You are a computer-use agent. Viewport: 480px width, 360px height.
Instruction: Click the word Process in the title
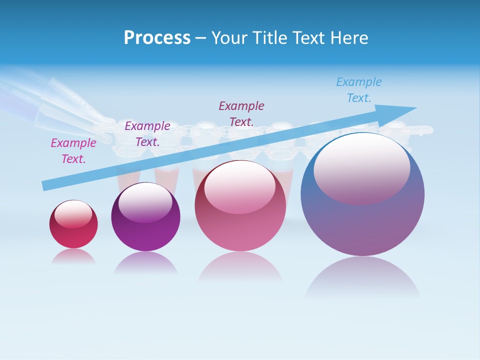[157, 38]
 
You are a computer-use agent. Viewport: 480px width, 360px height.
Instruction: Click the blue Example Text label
[358, 90]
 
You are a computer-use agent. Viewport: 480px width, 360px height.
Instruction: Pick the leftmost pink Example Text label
[73, 151]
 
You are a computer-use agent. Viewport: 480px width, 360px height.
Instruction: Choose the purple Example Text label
[147, 134]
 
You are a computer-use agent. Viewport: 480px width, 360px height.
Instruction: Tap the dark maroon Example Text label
[241, 113]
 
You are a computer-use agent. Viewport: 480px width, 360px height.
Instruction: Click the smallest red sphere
[73, 232]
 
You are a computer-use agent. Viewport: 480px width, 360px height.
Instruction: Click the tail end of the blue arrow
[45, 185]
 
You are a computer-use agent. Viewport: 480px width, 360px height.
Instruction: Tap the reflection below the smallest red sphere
[73, 256]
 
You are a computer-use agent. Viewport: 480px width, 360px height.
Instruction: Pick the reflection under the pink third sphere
[240, 267]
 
